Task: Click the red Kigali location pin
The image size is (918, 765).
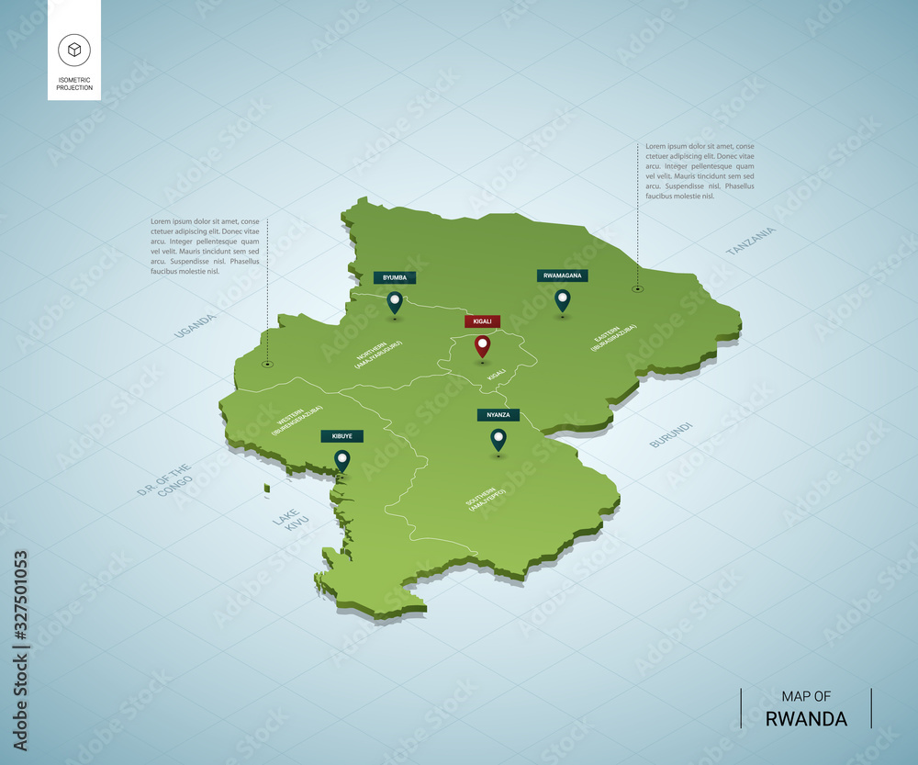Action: click(x=482, y=346)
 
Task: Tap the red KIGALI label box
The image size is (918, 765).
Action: click(x=482, y=321)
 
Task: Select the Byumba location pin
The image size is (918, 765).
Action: click(x=395, y=301)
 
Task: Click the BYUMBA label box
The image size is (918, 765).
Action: click(x=395, y=277)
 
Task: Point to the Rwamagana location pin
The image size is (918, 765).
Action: click(x=563, y=299)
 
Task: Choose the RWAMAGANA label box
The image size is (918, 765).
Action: click(x=563, y=275)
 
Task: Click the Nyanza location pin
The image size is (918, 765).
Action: click(x=498, y=439)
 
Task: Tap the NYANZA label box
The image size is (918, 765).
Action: click(x=498, y=415)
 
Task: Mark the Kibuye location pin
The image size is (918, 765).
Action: click(x=342, y=459)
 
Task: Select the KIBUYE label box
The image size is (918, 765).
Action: click(x=342, y=436)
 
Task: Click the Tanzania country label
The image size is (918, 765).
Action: click(x=750, y=241)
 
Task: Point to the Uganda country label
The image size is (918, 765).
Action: click(x=195, y=325)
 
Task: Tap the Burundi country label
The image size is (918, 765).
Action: click(x=670, y=434)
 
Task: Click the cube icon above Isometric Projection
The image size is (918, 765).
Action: click(x=73, y=50)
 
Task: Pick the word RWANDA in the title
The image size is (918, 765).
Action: click(x=806, y=719)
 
